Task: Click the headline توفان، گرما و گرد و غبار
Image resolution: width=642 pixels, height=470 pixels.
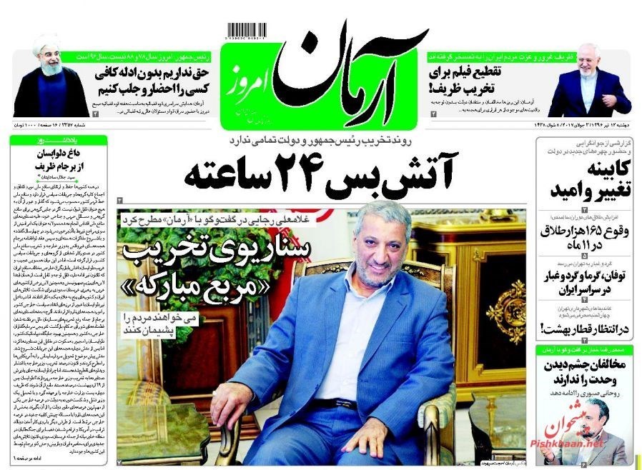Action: [x=585, y=284]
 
